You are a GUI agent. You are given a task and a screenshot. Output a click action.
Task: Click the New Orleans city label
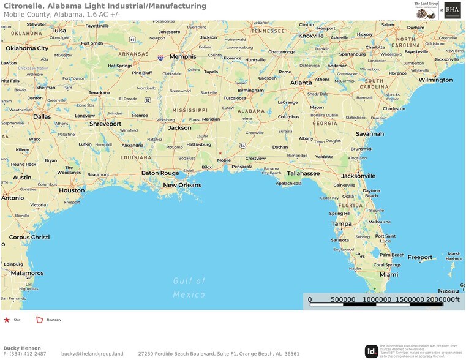point(182,185)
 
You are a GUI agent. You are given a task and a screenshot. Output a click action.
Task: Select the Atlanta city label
point(301,83)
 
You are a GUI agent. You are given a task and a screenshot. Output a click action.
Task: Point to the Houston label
point(72,190)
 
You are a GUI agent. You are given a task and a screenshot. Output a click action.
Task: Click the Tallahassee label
point(303,173)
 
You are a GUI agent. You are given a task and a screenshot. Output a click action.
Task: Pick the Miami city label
point(388,274)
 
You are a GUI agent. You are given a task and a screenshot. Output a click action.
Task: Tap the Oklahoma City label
point(27,48)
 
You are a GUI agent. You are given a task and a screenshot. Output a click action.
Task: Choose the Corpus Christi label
point(29,237)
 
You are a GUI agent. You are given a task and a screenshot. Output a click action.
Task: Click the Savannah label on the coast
point(369,133)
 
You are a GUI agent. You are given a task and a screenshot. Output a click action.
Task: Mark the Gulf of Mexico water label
point(189,287)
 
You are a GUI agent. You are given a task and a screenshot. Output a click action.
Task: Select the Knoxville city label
point(311,36)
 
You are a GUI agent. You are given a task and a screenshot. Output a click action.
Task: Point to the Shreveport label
point(105,124)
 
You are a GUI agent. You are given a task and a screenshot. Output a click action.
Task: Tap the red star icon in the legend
point(7,320)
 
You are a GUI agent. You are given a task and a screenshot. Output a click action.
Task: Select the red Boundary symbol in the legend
point(40,320)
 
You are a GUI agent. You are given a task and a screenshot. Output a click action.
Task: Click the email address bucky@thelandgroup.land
point(92,354)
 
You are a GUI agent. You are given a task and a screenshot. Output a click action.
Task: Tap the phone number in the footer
point(24,354)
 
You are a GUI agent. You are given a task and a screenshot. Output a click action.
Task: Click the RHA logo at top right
point(453,10)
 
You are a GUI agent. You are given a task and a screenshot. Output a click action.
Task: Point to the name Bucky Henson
point(22,348)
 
